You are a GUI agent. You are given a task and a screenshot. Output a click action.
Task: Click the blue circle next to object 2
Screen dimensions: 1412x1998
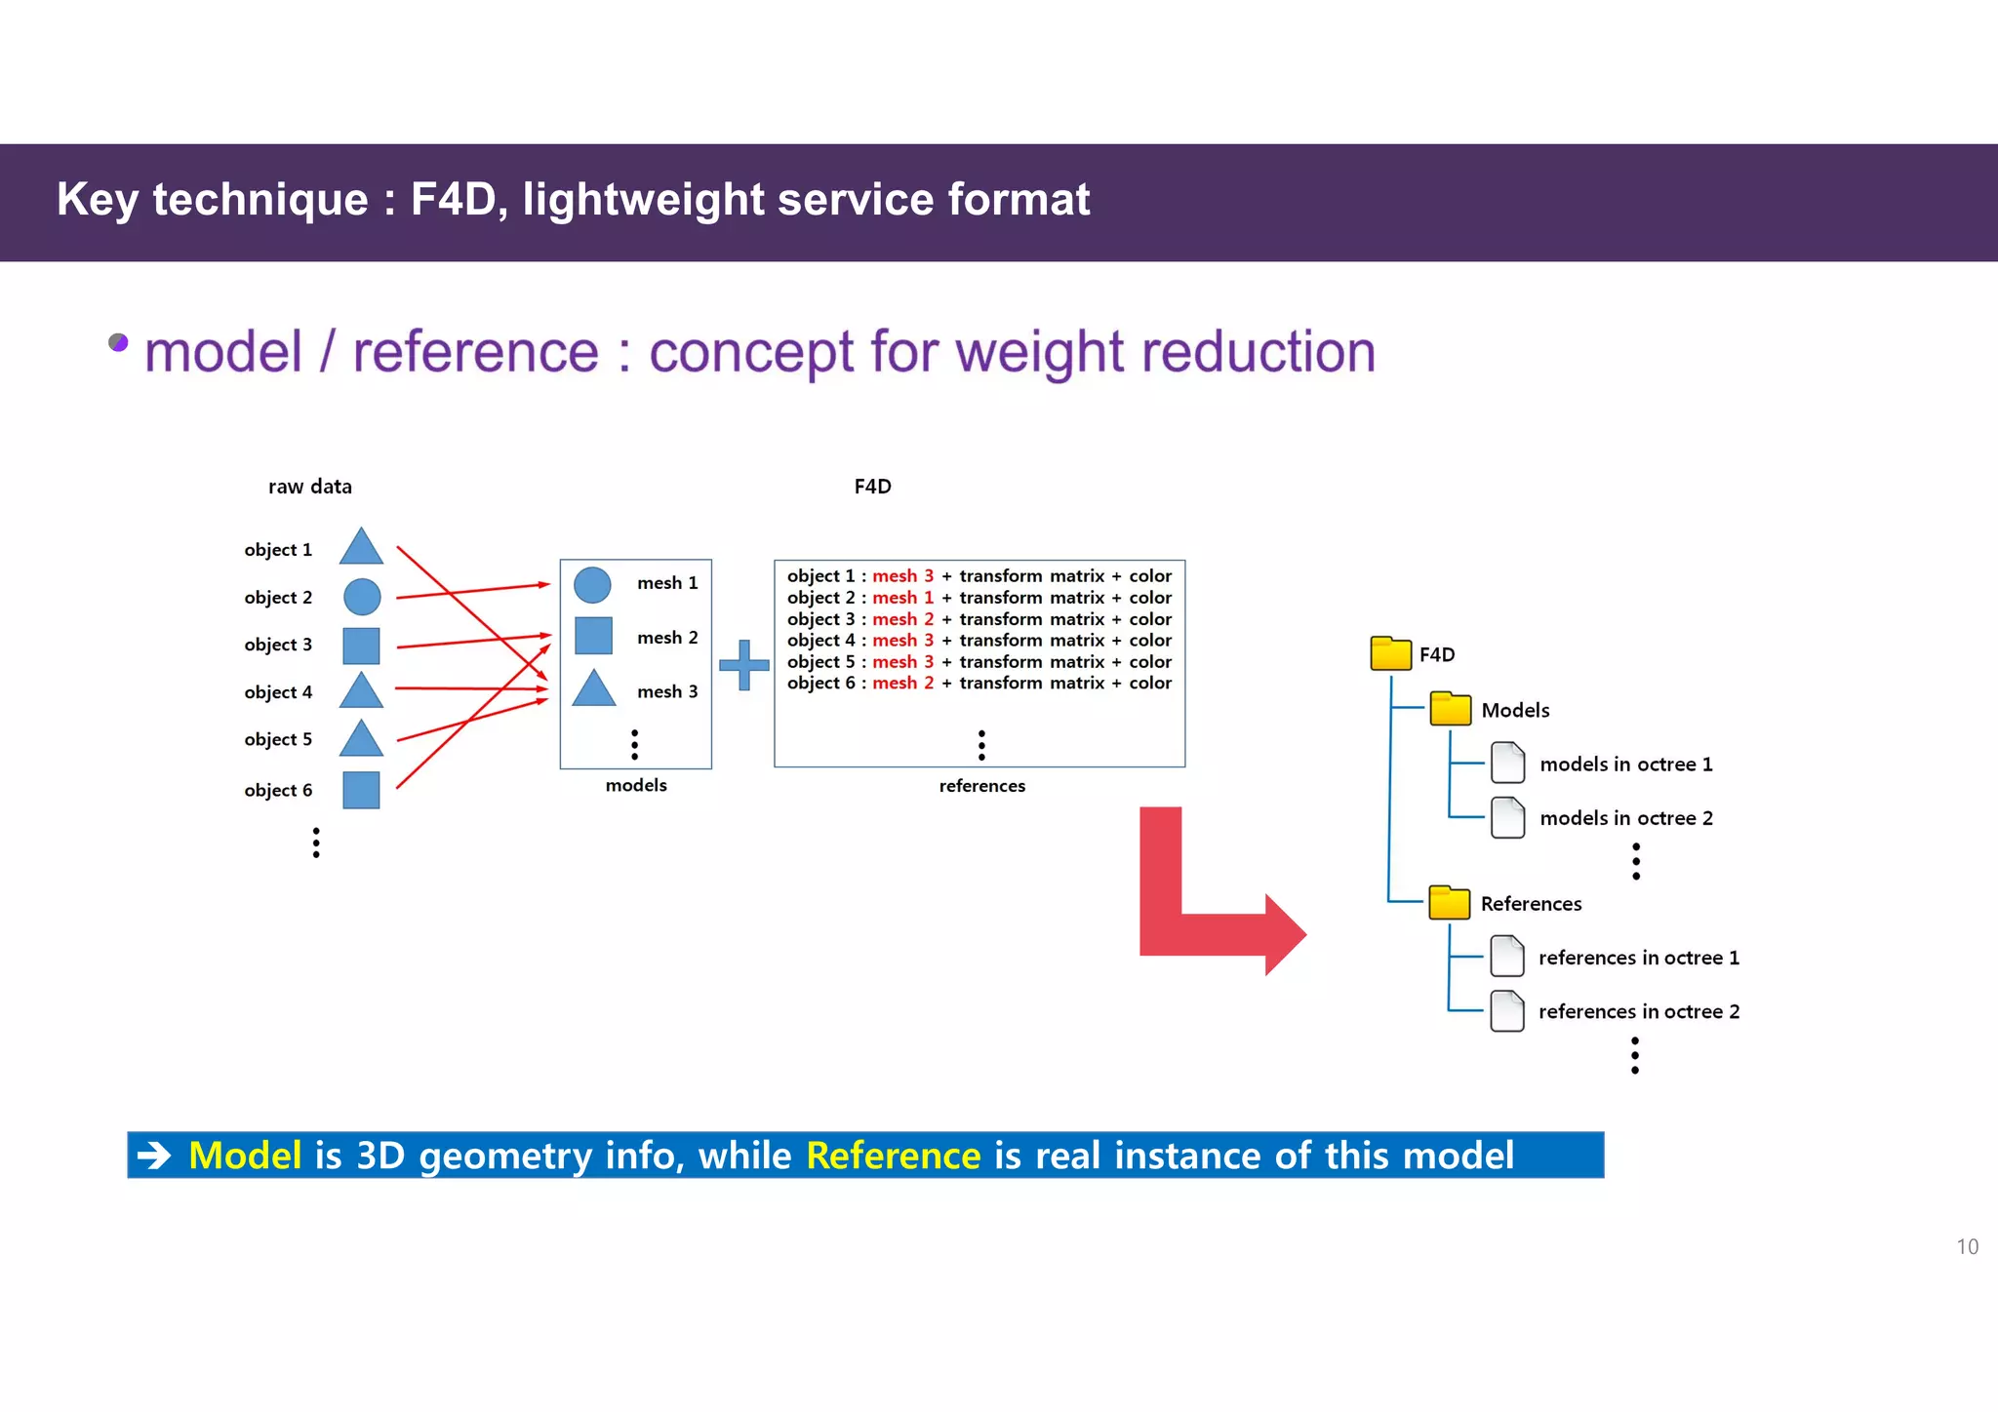coord(362,597)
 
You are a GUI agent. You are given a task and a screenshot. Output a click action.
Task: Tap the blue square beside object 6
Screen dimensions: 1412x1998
coord(361,790)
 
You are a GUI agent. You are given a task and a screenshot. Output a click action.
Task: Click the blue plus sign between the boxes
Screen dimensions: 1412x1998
coord(744,665)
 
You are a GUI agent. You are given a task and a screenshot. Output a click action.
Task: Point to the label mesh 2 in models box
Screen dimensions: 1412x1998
coord(667,638)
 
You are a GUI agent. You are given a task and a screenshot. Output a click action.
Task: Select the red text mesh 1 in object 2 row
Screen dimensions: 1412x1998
coord(902,598)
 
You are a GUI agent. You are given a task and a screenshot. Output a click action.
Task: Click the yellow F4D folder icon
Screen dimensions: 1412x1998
coord(1390,653)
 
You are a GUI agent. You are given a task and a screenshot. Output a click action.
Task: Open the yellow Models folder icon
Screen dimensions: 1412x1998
coord(1450,709)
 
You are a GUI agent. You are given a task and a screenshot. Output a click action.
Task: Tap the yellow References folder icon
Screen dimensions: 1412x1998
coord(1449,903)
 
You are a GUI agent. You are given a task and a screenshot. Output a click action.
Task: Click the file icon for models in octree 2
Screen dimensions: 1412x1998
coord(1507,817)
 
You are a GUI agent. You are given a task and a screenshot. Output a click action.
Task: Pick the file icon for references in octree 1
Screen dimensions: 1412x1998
coord(1507,957)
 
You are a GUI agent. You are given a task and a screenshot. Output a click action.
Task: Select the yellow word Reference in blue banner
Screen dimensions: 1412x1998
coord(893,1156)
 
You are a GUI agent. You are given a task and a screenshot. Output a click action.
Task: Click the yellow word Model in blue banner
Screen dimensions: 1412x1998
coord(245,1156)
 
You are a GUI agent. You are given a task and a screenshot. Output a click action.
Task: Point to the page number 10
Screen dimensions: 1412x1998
coord(1967,1247)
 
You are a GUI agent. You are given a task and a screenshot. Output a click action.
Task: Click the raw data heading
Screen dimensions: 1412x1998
coord(310,487)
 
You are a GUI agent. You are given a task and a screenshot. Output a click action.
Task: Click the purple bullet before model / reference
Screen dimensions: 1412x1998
coord(118,342)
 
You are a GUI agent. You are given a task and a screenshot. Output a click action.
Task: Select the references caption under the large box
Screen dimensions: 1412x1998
coord(981,786)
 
